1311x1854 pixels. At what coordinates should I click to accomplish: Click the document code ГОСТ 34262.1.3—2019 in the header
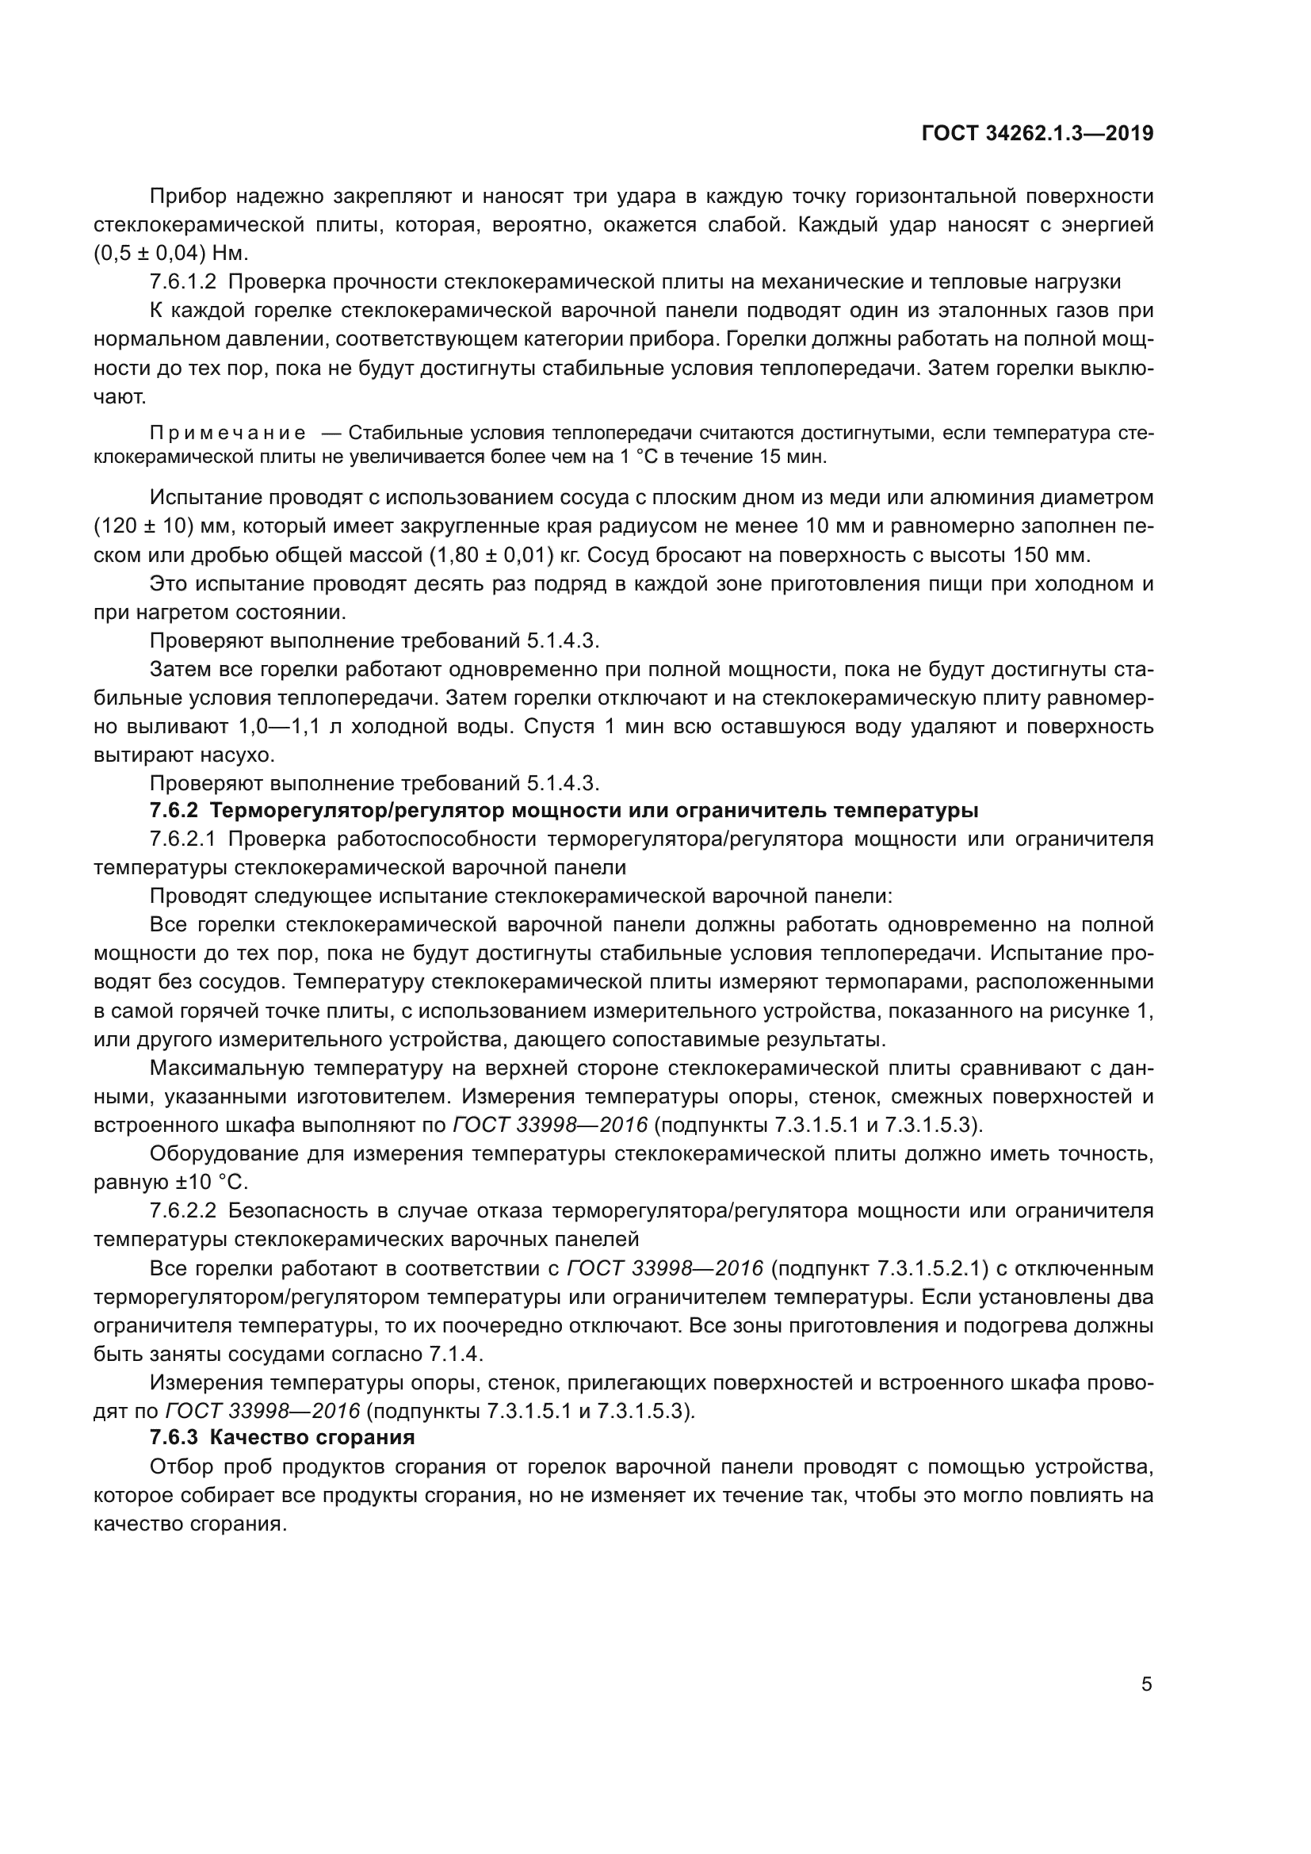pos(1038,133)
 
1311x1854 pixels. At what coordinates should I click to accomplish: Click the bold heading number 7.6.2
pos(174,810)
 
